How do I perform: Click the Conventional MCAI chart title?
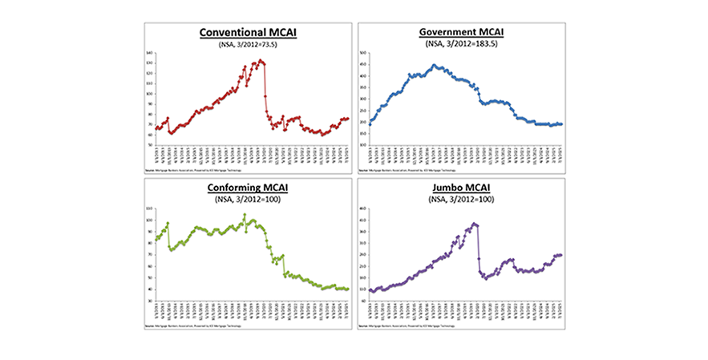coord(247,33)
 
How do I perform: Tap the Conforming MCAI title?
coord(247,189)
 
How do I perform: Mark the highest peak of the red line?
coord(261,60)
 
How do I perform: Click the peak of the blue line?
coord(434,65)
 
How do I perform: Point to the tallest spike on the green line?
coord(245,215)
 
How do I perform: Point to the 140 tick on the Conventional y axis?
coord(149,53)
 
